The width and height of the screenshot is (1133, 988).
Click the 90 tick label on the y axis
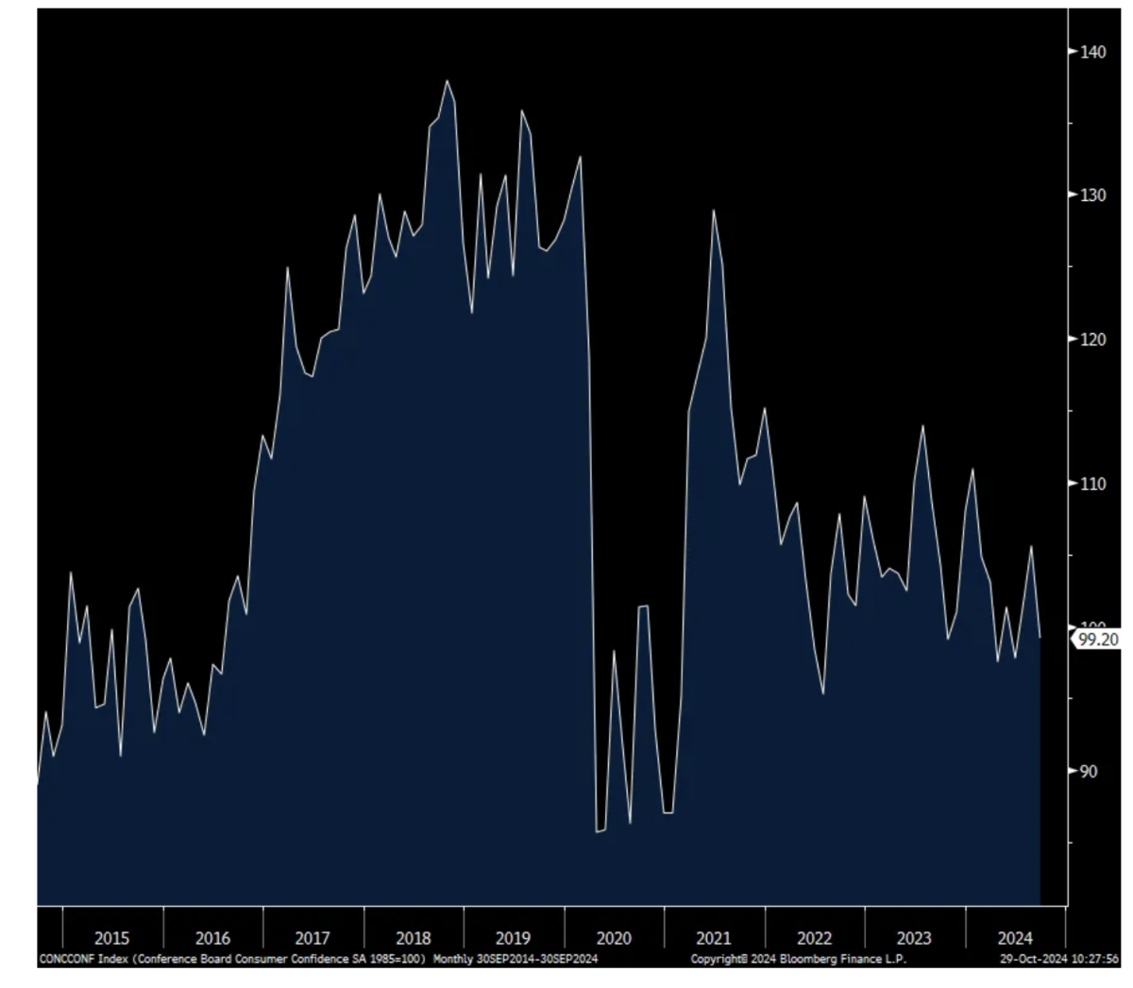pos(1089,771)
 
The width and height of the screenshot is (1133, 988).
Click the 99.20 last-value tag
pos(1098,640)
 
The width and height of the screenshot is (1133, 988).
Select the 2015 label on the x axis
pos(112,938)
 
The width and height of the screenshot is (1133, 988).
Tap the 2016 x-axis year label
pos(212,938)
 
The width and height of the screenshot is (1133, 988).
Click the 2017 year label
pos(313,938)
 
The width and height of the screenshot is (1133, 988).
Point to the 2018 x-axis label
pos(414,938)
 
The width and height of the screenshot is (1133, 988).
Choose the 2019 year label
pos(513,938)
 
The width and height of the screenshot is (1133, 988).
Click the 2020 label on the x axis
pos(614,938)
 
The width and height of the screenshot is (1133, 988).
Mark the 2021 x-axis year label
pos(714,938)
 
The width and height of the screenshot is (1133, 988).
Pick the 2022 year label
pos(814,938)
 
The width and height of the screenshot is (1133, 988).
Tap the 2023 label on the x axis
pos(914,938)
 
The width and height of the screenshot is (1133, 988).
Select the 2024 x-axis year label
pos(1015,938)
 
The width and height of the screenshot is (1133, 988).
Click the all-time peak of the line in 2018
pos(447,81)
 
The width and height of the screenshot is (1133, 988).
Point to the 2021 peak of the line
pos(714,210)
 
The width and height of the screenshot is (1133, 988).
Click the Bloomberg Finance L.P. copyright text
pos(798,959)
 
